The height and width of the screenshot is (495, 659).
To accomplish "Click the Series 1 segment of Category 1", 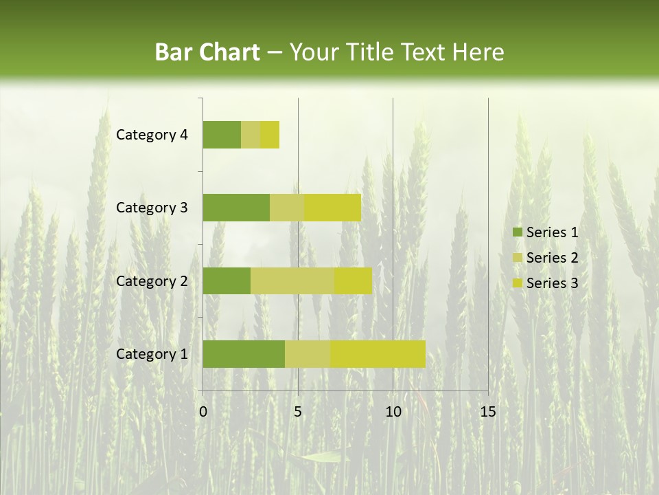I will pos(243,354).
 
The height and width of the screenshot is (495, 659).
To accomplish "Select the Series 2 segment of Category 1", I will pos(308,354).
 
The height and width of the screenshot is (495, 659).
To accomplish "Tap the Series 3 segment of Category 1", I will pos(378,354).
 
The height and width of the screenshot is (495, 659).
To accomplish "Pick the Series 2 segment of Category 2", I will pos(292,280).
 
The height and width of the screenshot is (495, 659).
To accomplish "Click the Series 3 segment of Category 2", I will pos(353,280).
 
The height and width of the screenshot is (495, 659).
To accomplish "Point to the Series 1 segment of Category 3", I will pos(235,208).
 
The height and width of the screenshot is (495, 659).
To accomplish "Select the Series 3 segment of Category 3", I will pos(332,208).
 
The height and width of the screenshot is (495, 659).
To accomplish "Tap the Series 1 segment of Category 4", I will pos(221,135).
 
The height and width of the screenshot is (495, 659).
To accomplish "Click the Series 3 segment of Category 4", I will pos(270,135).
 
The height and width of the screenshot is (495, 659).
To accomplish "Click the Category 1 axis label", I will pos(151,354).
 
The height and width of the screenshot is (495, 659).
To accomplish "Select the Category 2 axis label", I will pos(151,280).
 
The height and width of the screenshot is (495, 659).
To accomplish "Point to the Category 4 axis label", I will pos(151,135).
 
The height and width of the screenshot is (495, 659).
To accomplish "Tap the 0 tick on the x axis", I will pos(203,412).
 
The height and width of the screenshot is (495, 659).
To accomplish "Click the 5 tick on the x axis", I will pos(298,412).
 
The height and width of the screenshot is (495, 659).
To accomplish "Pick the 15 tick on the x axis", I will pos(487,412).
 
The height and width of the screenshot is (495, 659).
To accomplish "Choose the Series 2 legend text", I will pos(552,258).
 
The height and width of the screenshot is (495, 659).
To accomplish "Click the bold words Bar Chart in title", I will pos(207,52).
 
